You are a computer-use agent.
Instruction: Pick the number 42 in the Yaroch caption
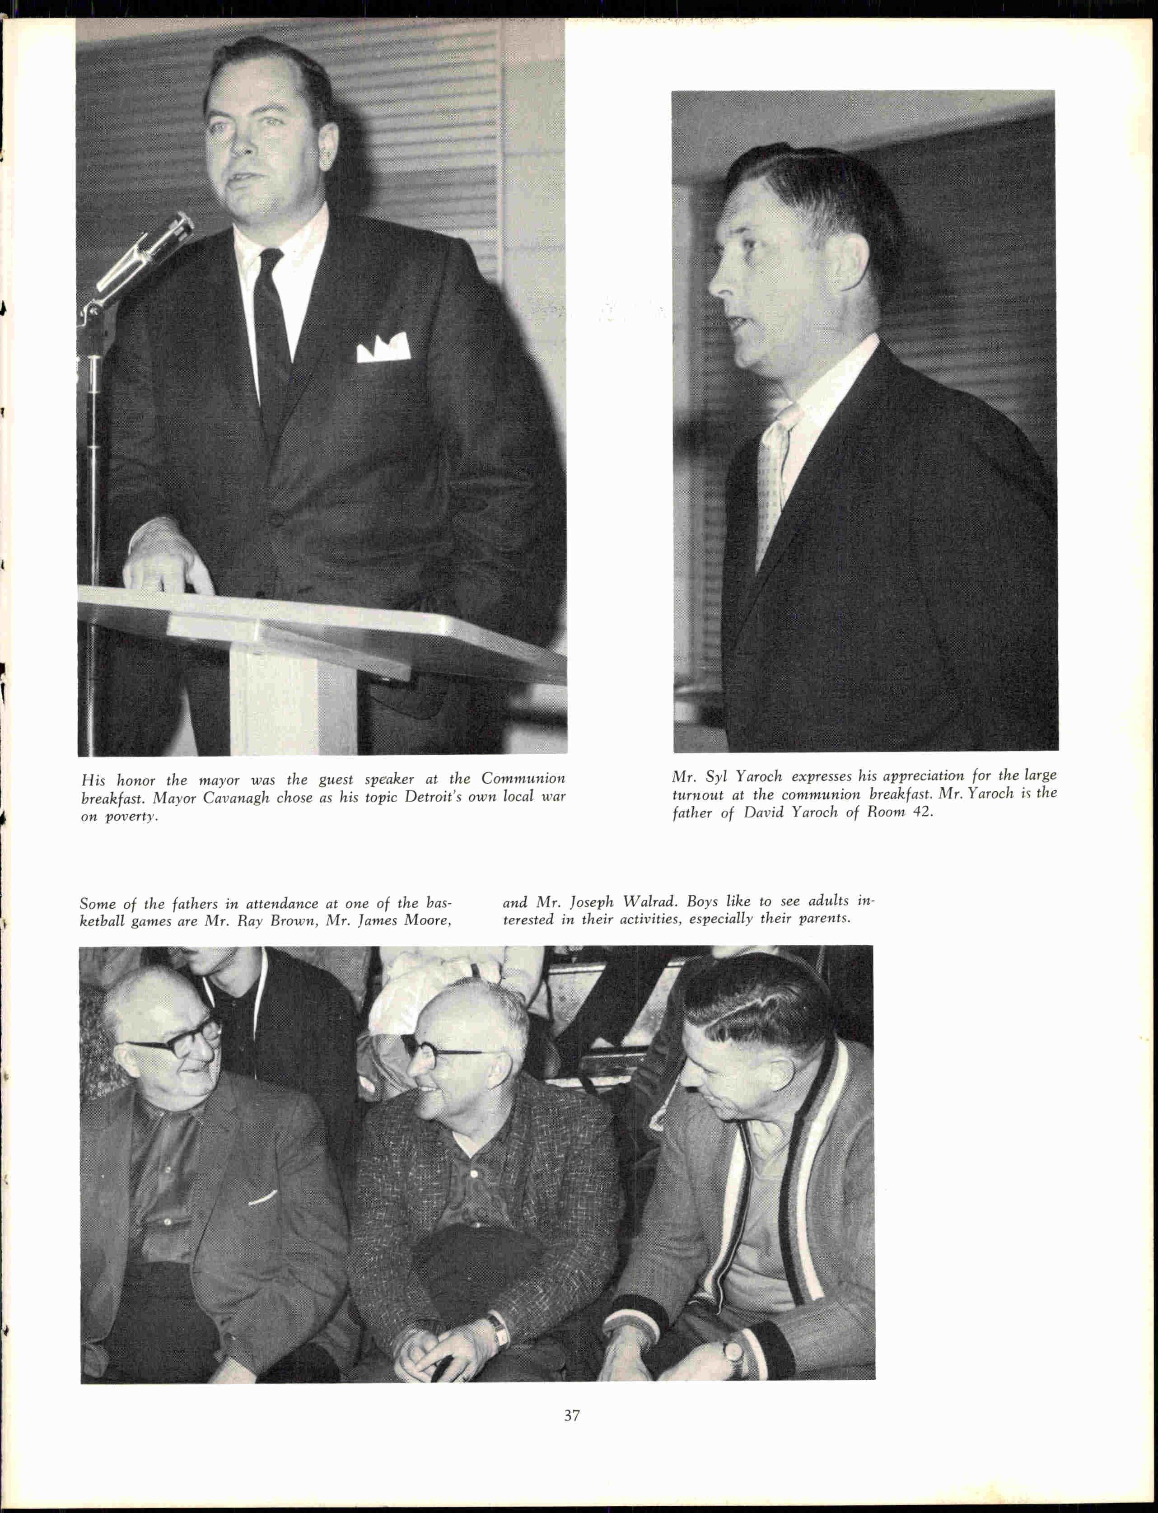[x=919, y=812]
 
